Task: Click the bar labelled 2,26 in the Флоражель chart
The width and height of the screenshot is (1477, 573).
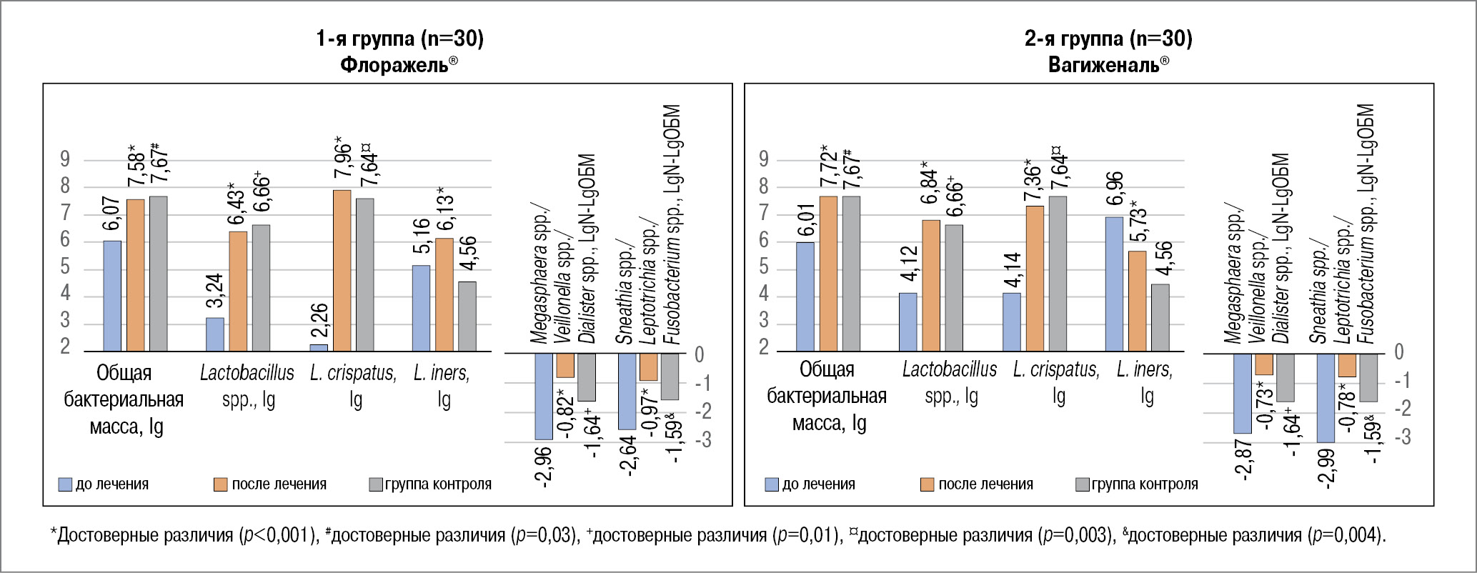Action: [319, 348]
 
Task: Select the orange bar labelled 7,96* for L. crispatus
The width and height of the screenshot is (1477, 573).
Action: [342, 271]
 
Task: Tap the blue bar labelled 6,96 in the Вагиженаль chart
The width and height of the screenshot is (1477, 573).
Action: [1114, 284]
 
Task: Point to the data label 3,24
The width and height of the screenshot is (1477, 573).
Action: [215, 294]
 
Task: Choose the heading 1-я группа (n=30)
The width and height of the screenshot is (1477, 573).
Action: [399, 39]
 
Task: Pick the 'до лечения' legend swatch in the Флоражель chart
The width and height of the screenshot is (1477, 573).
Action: [65, 484]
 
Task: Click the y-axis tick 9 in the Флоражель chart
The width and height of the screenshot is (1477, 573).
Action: [66, 159]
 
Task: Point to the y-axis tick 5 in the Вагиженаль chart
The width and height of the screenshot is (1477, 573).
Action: [764, 267]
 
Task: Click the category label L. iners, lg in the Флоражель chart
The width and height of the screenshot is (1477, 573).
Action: [442, 386]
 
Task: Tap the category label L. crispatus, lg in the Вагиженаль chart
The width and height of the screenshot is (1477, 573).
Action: [1056, 382]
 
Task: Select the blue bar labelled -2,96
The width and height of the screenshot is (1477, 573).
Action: [544, 397]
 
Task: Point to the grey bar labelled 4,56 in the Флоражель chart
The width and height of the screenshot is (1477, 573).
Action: [467, 317]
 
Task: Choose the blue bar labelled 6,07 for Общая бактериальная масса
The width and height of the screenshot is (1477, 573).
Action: [112, 296]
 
